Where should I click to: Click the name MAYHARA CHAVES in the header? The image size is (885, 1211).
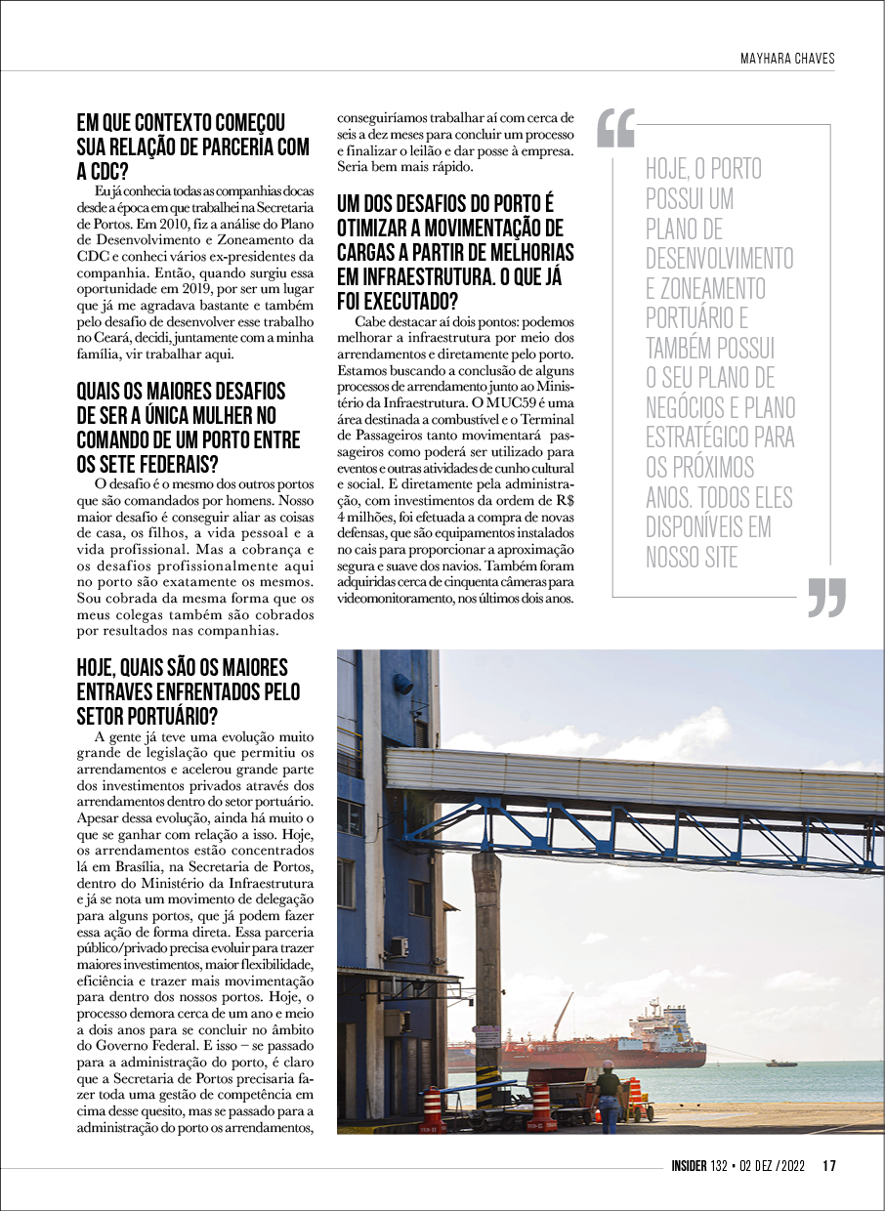coord(787,59)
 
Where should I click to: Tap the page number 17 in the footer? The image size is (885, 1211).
coord(829,1164)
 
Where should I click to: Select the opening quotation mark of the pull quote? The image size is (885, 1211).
coord(615,128)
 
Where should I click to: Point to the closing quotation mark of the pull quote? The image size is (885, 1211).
coord(826,598)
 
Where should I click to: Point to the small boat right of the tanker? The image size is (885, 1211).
coord(781,1063)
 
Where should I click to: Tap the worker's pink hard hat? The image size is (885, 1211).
coord(608,1065)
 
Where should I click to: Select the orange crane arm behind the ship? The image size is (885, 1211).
coord(562,1016)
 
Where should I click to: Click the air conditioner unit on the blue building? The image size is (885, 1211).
coord(399,946)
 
